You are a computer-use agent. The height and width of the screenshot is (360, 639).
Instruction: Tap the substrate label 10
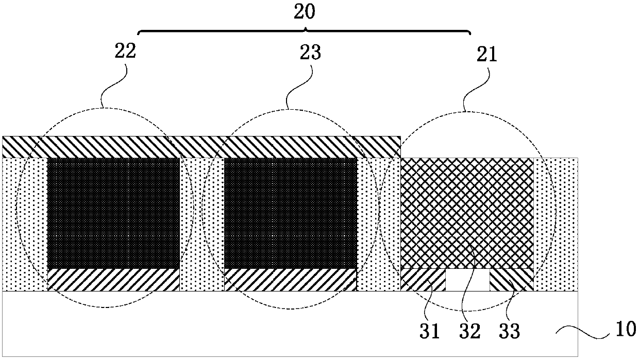(x=626, y=328)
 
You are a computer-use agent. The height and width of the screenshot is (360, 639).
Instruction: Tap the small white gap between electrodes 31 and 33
(x=467, y=280)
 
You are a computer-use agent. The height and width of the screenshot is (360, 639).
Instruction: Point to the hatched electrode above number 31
(x=423, y=280)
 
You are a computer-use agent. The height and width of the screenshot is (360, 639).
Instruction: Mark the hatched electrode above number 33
(x=511, y=280)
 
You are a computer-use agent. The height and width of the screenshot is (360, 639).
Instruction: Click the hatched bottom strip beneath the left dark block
(x=113, y=280)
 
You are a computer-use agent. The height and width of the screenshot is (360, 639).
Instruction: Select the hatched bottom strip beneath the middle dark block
(x=291, y=280)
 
